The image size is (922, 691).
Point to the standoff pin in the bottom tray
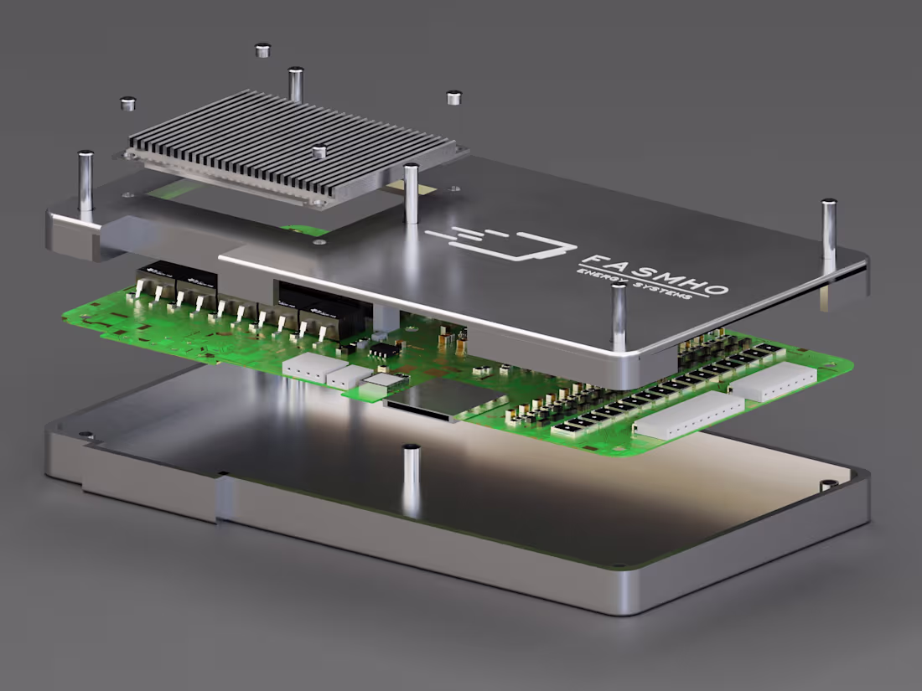pyautogui.click(x=412, y=477)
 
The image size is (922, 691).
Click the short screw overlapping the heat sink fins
pyautogui.click(x=319, y=152)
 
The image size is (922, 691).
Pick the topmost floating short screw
pyautogui.click(x=262, y=50)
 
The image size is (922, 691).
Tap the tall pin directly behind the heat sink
pyautogui.click(x=295, y=84)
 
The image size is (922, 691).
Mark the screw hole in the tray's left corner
pyautogui.click(x=85, y=435)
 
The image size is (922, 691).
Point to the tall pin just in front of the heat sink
pyautogui.click(x=412, y=193)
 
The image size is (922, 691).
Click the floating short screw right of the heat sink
pyautogui.click(x=453, y=98)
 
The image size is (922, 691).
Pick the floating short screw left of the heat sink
pyautogui.click(x=128, y=104)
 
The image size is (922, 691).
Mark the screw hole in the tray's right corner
pyautogui.click(x=826, y=485)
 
